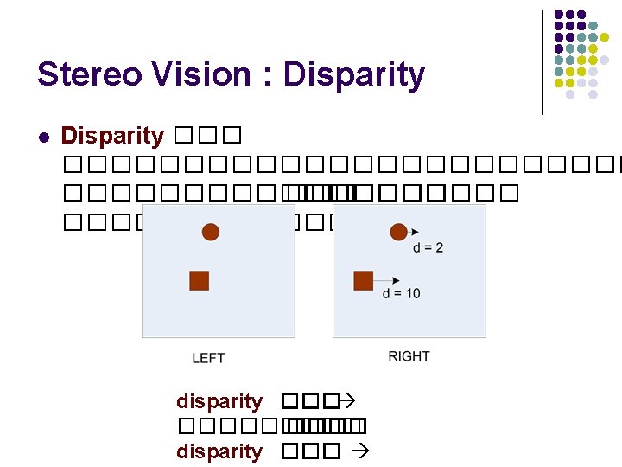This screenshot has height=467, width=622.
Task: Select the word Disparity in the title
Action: (x=354, y=76)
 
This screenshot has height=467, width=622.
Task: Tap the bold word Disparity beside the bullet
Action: (x=112, y=136)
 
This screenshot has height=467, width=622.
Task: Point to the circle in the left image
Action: (x=211, y=232)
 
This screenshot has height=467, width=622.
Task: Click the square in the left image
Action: (x=200, y=280)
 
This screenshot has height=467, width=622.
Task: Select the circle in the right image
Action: (x=398, y=232)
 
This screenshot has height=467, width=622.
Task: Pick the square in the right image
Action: (x=364, y=280)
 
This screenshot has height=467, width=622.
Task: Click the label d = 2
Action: (x=428, y=248)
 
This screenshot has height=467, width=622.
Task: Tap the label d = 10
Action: (x=402, y=294)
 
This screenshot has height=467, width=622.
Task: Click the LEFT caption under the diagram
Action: (x=208, y=358)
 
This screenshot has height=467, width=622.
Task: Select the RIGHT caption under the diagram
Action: (x=409, y=356)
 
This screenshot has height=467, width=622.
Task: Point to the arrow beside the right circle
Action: (x=416, y=232)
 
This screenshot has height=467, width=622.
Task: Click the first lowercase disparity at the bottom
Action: (x=219, y=401)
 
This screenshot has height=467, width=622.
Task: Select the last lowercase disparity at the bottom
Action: (x=219, y=451)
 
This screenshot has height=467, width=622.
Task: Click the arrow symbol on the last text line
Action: (x=362, y=451)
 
